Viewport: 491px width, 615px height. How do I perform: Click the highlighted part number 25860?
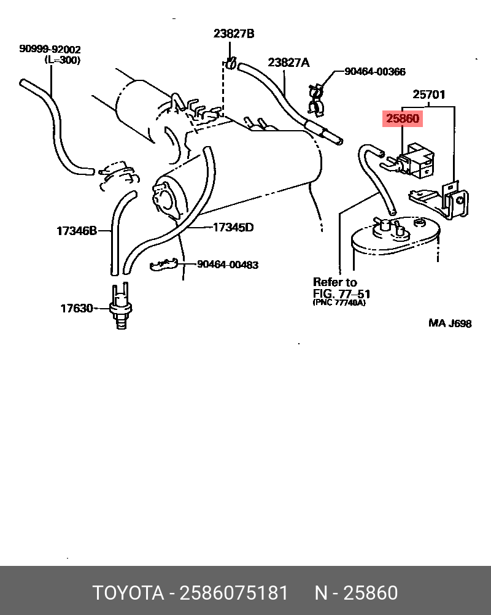pos(403,118)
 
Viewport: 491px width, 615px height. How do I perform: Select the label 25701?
pos(428,95)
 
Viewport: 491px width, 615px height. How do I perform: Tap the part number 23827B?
pos(233,34)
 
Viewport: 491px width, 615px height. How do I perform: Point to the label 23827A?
pos(288,62)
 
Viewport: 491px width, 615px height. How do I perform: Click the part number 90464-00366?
pos(374,72)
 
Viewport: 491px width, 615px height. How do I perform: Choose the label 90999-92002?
pos(50,49)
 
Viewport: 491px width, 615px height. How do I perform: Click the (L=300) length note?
pos(63,60)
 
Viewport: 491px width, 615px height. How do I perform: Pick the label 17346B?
pos(77,231)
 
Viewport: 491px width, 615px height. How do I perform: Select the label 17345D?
pos(233,227)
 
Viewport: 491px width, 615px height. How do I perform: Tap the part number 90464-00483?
pos(228,265)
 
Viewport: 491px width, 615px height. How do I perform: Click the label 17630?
pos(76,308)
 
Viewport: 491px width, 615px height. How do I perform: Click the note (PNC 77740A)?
pos(338,303)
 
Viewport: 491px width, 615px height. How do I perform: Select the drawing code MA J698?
pos(450,323)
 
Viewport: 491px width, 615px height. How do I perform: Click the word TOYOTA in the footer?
pos(128,594)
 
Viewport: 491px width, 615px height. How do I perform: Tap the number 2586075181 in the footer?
pos(233,594)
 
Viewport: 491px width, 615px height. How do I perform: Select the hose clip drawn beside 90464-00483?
pos(164,265)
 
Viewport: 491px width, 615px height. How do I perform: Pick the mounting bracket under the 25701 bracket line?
pos(445,201)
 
